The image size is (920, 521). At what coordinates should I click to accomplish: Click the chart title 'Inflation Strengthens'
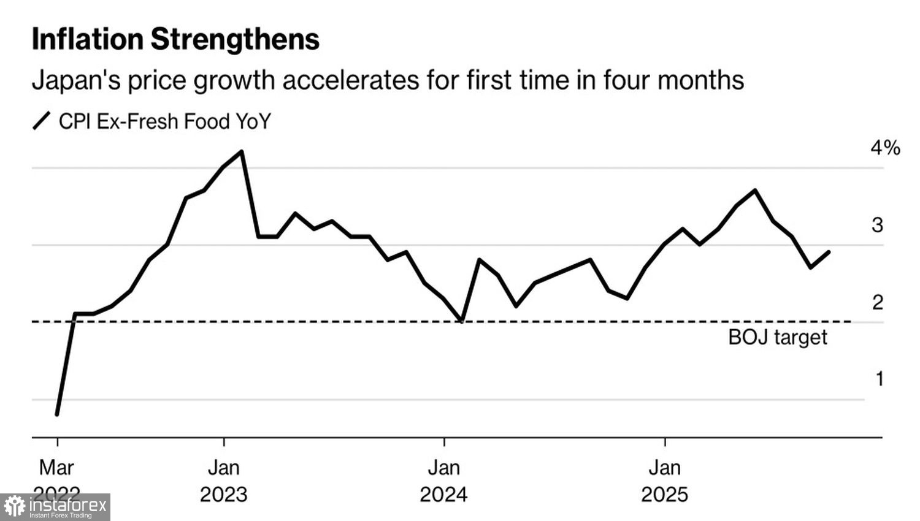[175, 39]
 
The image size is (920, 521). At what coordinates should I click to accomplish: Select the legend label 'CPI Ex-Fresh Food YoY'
[164, 121]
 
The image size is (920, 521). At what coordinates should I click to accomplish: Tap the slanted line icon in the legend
[41, 121]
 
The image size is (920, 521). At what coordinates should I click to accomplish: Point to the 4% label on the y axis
[885, 148]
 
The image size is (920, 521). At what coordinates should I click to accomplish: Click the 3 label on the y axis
[878, 225]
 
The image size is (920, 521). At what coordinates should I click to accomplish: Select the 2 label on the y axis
[878, 302]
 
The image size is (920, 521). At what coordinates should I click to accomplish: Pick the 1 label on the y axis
[880, 379]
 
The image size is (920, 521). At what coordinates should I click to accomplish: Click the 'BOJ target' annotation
[777, 337]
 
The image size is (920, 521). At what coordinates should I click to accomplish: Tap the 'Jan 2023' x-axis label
[224, 481]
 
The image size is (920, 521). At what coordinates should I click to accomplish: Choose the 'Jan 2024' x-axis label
[443, 481]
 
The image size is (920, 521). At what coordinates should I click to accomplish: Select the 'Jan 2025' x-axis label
[665, 481]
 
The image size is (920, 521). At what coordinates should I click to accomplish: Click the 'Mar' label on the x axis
[56, 468]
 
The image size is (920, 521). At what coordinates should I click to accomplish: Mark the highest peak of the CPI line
[242, 151]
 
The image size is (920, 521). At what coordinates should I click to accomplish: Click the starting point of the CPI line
[57, 414]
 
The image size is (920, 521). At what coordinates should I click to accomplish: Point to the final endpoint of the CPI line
[829, 252]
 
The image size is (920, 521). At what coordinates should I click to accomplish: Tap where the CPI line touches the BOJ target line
[461, 321]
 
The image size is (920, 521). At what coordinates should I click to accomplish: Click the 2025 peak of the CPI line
[754, 190]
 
